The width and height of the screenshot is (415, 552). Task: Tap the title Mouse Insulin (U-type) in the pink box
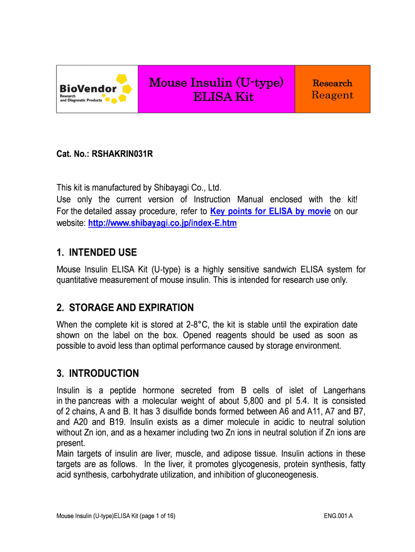click(216, 82)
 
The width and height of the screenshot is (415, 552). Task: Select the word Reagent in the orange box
click(333, 95)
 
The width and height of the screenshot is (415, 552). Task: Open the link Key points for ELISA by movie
click(270, 211)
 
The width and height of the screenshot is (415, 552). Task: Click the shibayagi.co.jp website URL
click(162, 223)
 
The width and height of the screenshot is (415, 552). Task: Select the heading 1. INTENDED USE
click(97, 252)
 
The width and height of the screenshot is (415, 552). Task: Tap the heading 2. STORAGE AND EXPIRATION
click(125, 308)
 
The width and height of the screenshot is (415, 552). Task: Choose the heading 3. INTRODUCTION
click(98, 374)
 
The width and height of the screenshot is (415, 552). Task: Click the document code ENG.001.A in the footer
click(338, 516)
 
